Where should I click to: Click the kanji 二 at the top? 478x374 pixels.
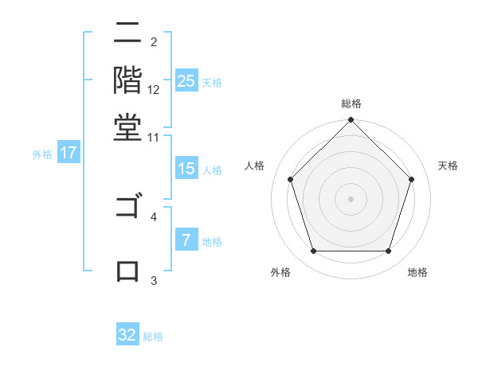[x=127, y=34]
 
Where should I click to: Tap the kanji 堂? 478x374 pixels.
[x=127, y=127]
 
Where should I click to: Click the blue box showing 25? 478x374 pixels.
[x=186, y=81]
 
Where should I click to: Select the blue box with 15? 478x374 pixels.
[x=186, y=169]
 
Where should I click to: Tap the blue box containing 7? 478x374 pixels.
[x=186, y=240]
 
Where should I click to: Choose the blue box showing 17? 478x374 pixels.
[x=69, y=154]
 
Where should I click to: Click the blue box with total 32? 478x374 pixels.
[x=127, y=335]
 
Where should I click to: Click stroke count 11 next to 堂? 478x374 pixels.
[x=154, y=138]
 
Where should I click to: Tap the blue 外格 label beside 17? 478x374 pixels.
[x=41, y=154]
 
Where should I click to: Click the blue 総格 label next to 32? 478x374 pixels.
[x=153, y=337]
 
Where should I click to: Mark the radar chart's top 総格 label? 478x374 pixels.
[x=351, y=103]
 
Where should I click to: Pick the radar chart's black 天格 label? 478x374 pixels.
[x=448, y=166]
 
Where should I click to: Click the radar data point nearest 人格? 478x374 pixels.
[x=291, y=179]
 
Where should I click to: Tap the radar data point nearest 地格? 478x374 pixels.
[x=388, y=251]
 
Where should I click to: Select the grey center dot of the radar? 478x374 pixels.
[x=351, y=198]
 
